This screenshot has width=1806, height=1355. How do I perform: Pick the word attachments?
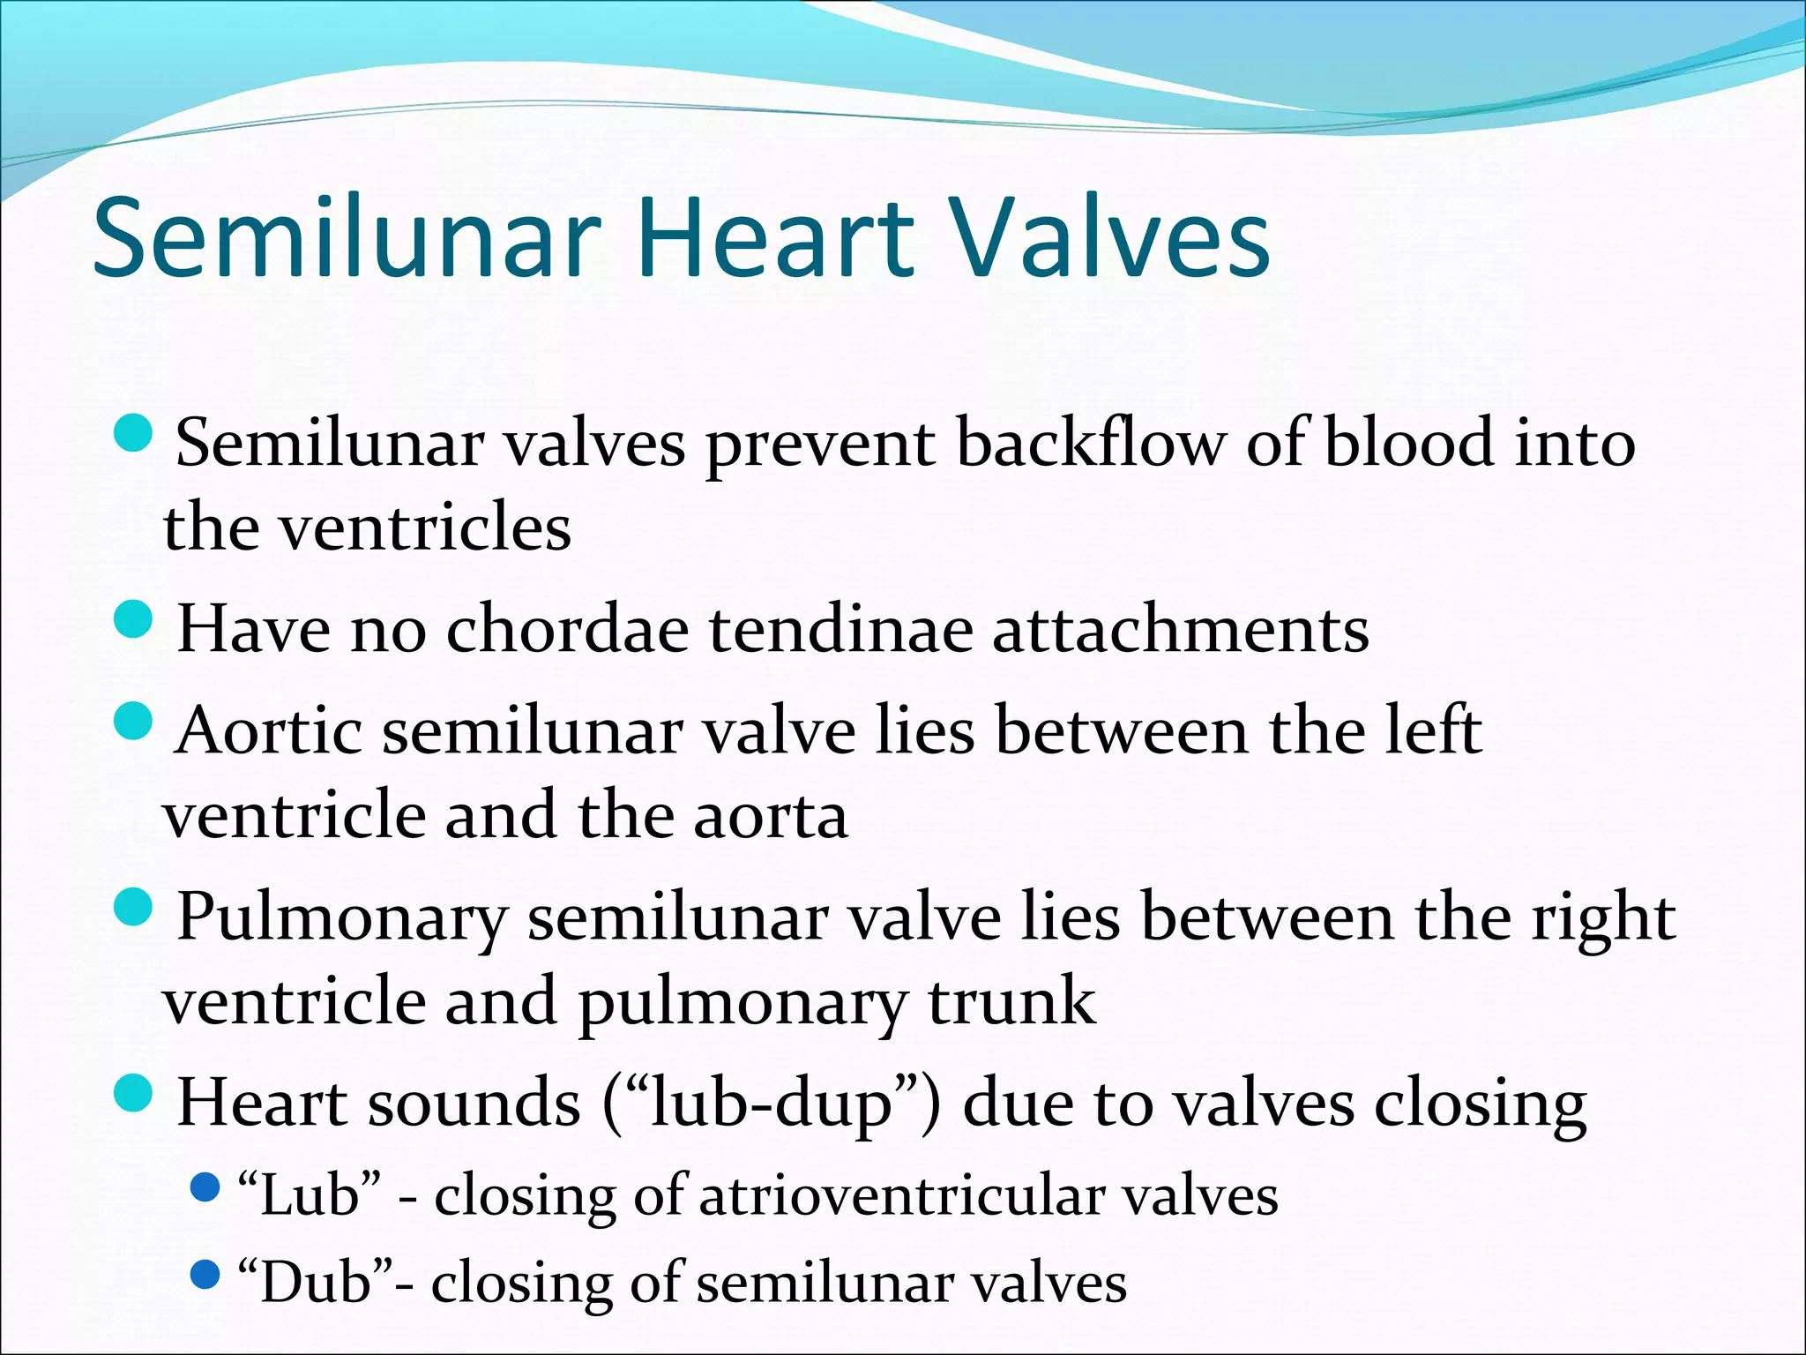1181,630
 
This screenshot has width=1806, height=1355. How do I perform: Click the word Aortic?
268,731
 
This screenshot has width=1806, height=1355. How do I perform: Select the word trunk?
1012,1002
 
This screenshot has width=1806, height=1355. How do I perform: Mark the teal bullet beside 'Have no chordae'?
134,618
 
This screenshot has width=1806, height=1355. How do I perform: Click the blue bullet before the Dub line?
205,1274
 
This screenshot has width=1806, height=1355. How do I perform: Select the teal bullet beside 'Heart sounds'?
134,1093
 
